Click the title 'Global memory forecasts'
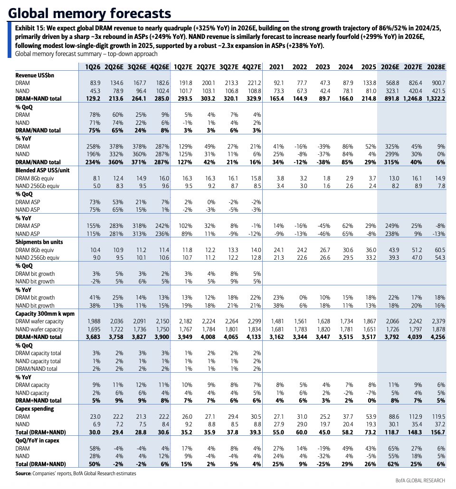pyautogui.click(x=90, y=13)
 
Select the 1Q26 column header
pyautogui.click(x=93, y=67)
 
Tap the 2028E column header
pyautogui.click(x=436, y=67)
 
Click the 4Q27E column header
pyautogui.click(x=252, y=67)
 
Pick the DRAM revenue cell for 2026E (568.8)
pyautogui.click(x=392, y=83)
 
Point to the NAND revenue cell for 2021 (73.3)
pyautogui.click(x=278, y=91)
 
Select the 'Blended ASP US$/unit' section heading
pyautogui.click(x=42, y=170)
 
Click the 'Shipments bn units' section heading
pyautogui.click(x=39, y=242)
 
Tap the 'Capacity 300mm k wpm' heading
pyautogui.click(x=45, y=314)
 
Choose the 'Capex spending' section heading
pyautogui.click(x=35, y=409)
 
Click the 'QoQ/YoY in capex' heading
pyautogui.click(x=37, y=441)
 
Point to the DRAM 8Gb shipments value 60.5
pyautogui.click(x=440, y=250)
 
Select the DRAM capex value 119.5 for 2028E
pyautogui.click(x=439, y=417)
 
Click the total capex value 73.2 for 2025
pyautogui.click(x=370, y=432)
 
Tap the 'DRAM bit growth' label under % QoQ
pyautogui.click(x=35, y=274)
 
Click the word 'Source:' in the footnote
pyautogui.click(x=23, y=473)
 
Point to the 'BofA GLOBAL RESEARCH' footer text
pyautogui.click(x=420, y=480)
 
